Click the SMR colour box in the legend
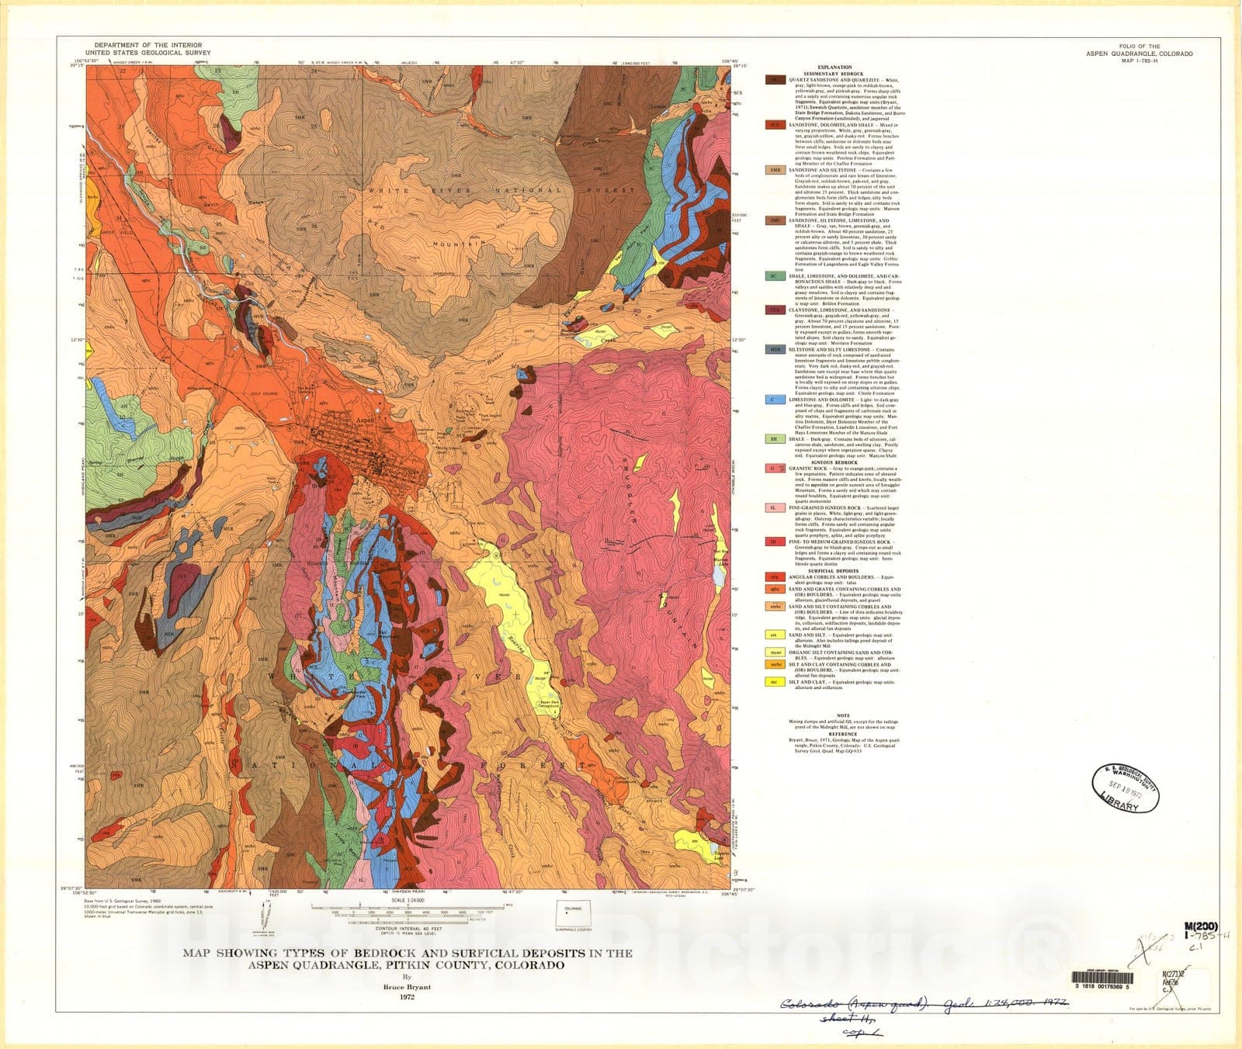(774, 170)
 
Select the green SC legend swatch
(774, 275)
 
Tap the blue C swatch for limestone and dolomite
(774, 400)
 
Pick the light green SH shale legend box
(774, 439)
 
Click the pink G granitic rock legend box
(774, 469)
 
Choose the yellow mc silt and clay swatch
(774, 682)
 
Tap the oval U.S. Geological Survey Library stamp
(1126, 787)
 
